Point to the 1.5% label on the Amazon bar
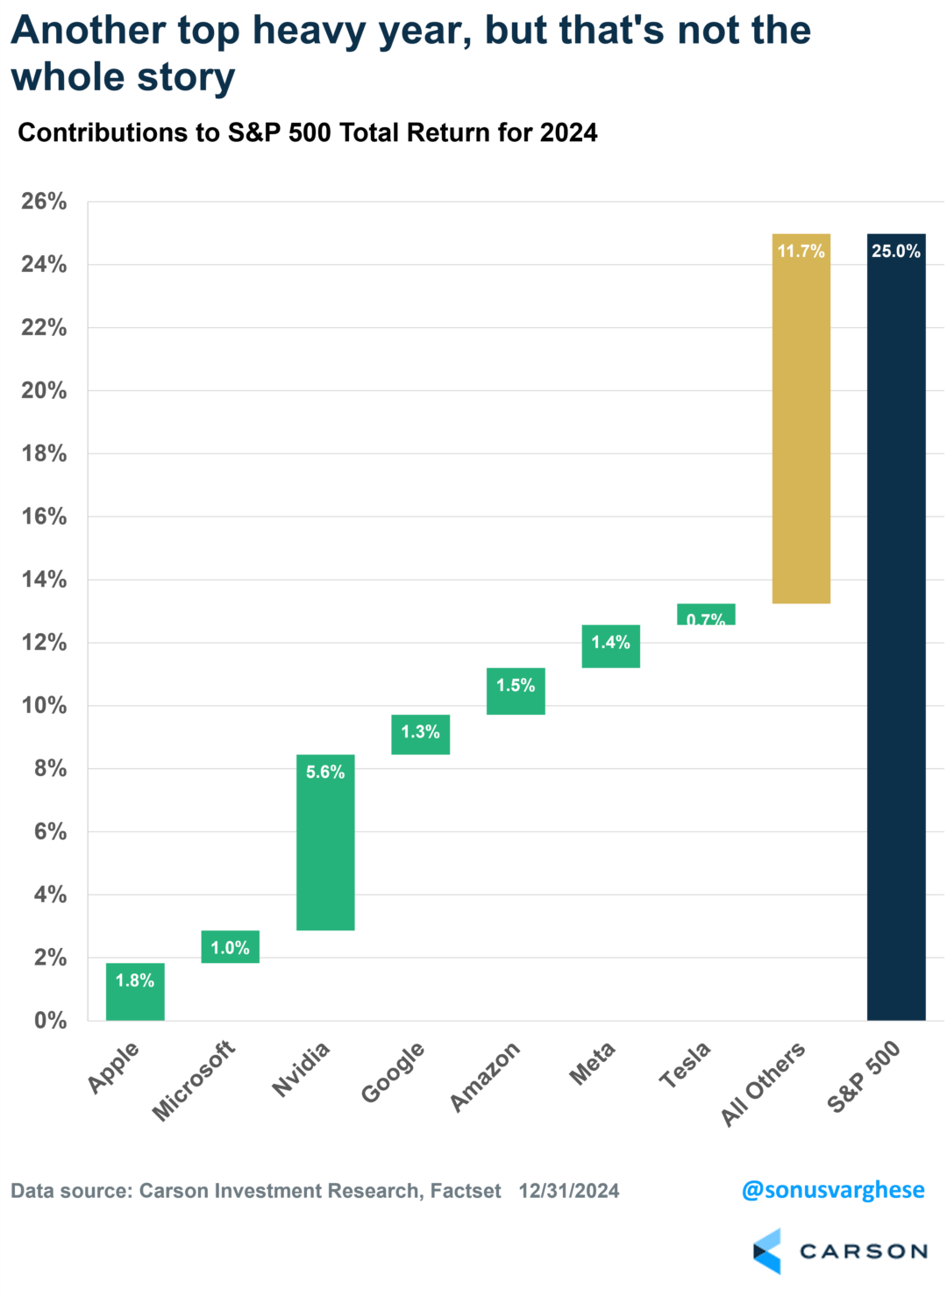[516, 686]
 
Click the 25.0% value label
[895, 252]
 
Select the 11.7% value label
[801, 252]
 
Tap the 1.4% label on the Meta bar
[610, 643]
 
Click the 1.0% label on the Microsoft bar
[230, 948]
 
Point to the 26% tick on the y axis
[44, 202]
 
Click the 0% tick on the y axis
[50, 1021]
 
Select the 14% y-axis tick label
[44, 580]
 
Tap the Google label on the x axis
[393, 1072]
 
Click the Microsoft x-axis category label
[194, 1080]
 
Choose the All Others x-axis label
[762, 1084]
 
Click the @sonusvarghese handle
[832, 1190]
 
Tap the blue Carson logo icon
[766, 1251]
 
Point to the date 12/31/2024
[568, 1191]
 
